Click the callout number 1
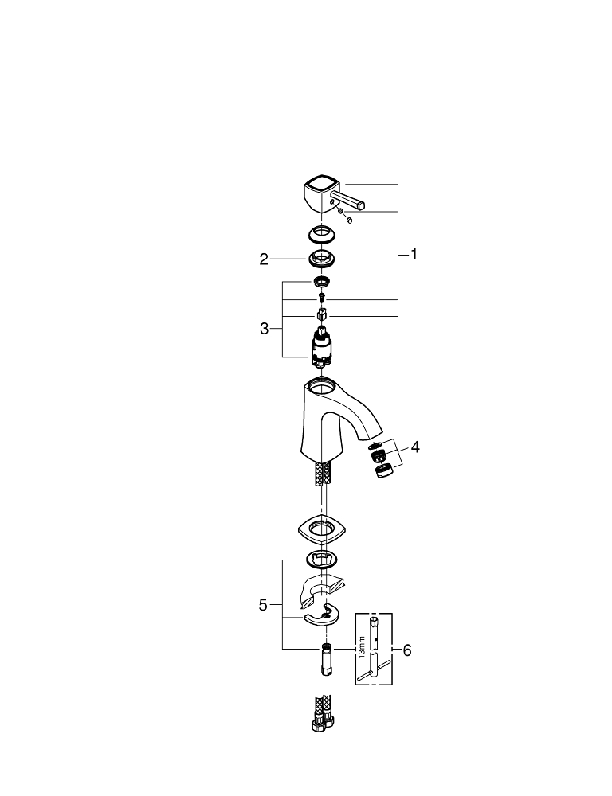[414, 255]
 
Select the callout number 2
[264, 259]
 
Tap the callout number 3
[264, 328]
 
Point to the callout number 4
[414, 447]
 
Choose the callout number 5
[264, 605]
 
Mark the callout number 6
[407, 650]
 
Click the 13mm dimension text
[362, 646]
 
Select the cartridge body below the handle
[322, 351]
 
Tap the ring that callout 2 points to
[322, 259]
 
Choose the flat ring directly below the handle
[322, 235]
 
